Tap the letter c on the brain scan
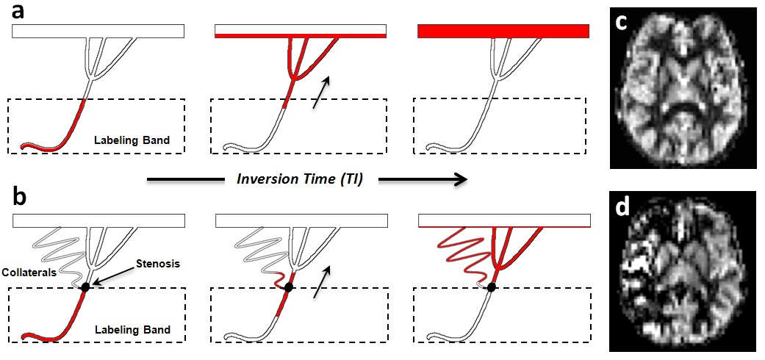[x=623, y=23]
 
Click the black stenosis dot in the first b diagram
[x=85, y=287]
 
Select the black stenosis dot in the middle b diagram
[x=288, y=287]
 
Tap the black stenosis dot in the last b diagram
[x=491, y=287]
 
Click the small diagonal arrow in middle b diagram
[x=320, y=282]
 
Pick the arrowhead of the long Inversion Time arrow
[x=460, y=179]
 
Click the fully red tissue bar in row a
[x=503, y=31]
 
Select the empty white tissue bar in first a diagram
[x=98, y=31]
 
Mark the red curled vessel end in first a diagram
[x=28, y=145]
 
